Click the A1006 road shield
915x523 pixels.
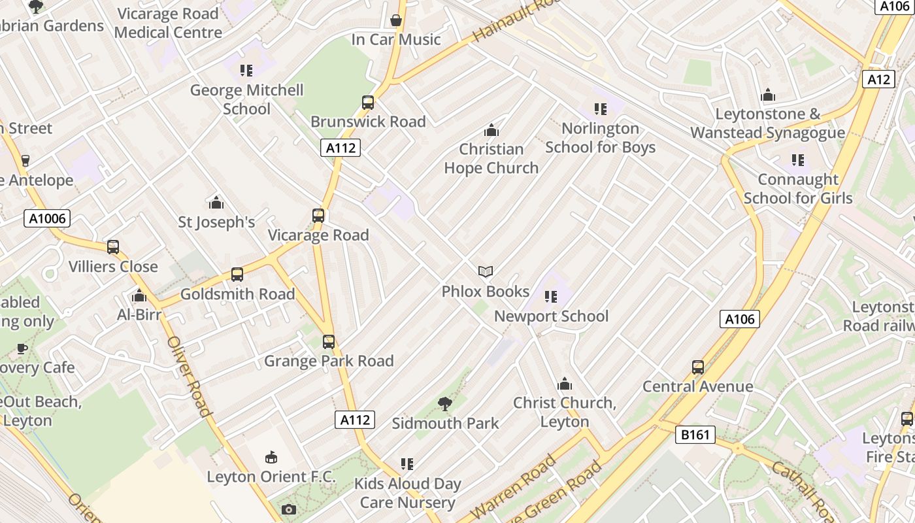tap(47, 218)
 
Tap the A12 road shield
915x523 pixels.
tap(878, 79)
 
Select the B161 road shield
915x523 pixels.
tap(695, 435)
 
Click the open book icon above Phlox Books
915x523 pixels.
tap(485, 271)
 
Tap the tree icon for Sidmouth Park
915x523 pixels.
tap(445, 404)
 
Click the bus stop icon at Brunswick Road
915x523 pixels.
tap(368, 103)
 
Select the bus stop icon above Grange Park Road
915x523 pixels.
tap(329, 341)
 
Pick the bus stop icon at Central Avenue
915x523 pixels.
tap(698, 367)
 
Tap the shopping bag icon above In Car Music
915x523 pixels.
tap(395, 21)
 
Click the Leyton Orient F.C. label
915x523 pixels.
tap(271, 477)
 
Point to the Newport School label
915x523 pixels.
tap(551, 316)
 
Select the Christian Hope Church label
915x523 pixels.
tap(491, 158)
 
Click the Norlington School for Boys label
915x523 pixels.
tap(600, 138)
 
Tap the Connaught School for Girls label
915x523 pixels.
tap(798, 188)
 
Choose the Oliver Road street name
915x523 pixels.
tap(189, 376)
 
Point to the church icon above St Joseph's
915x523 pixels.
tap(216, 203)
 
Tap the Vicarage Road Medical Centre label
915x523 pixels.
tap(168, 23)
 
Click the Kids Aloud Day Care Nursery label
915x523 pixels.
tap(407, 493)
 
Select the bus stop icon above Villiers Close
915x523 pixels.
tap(113, 247)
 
